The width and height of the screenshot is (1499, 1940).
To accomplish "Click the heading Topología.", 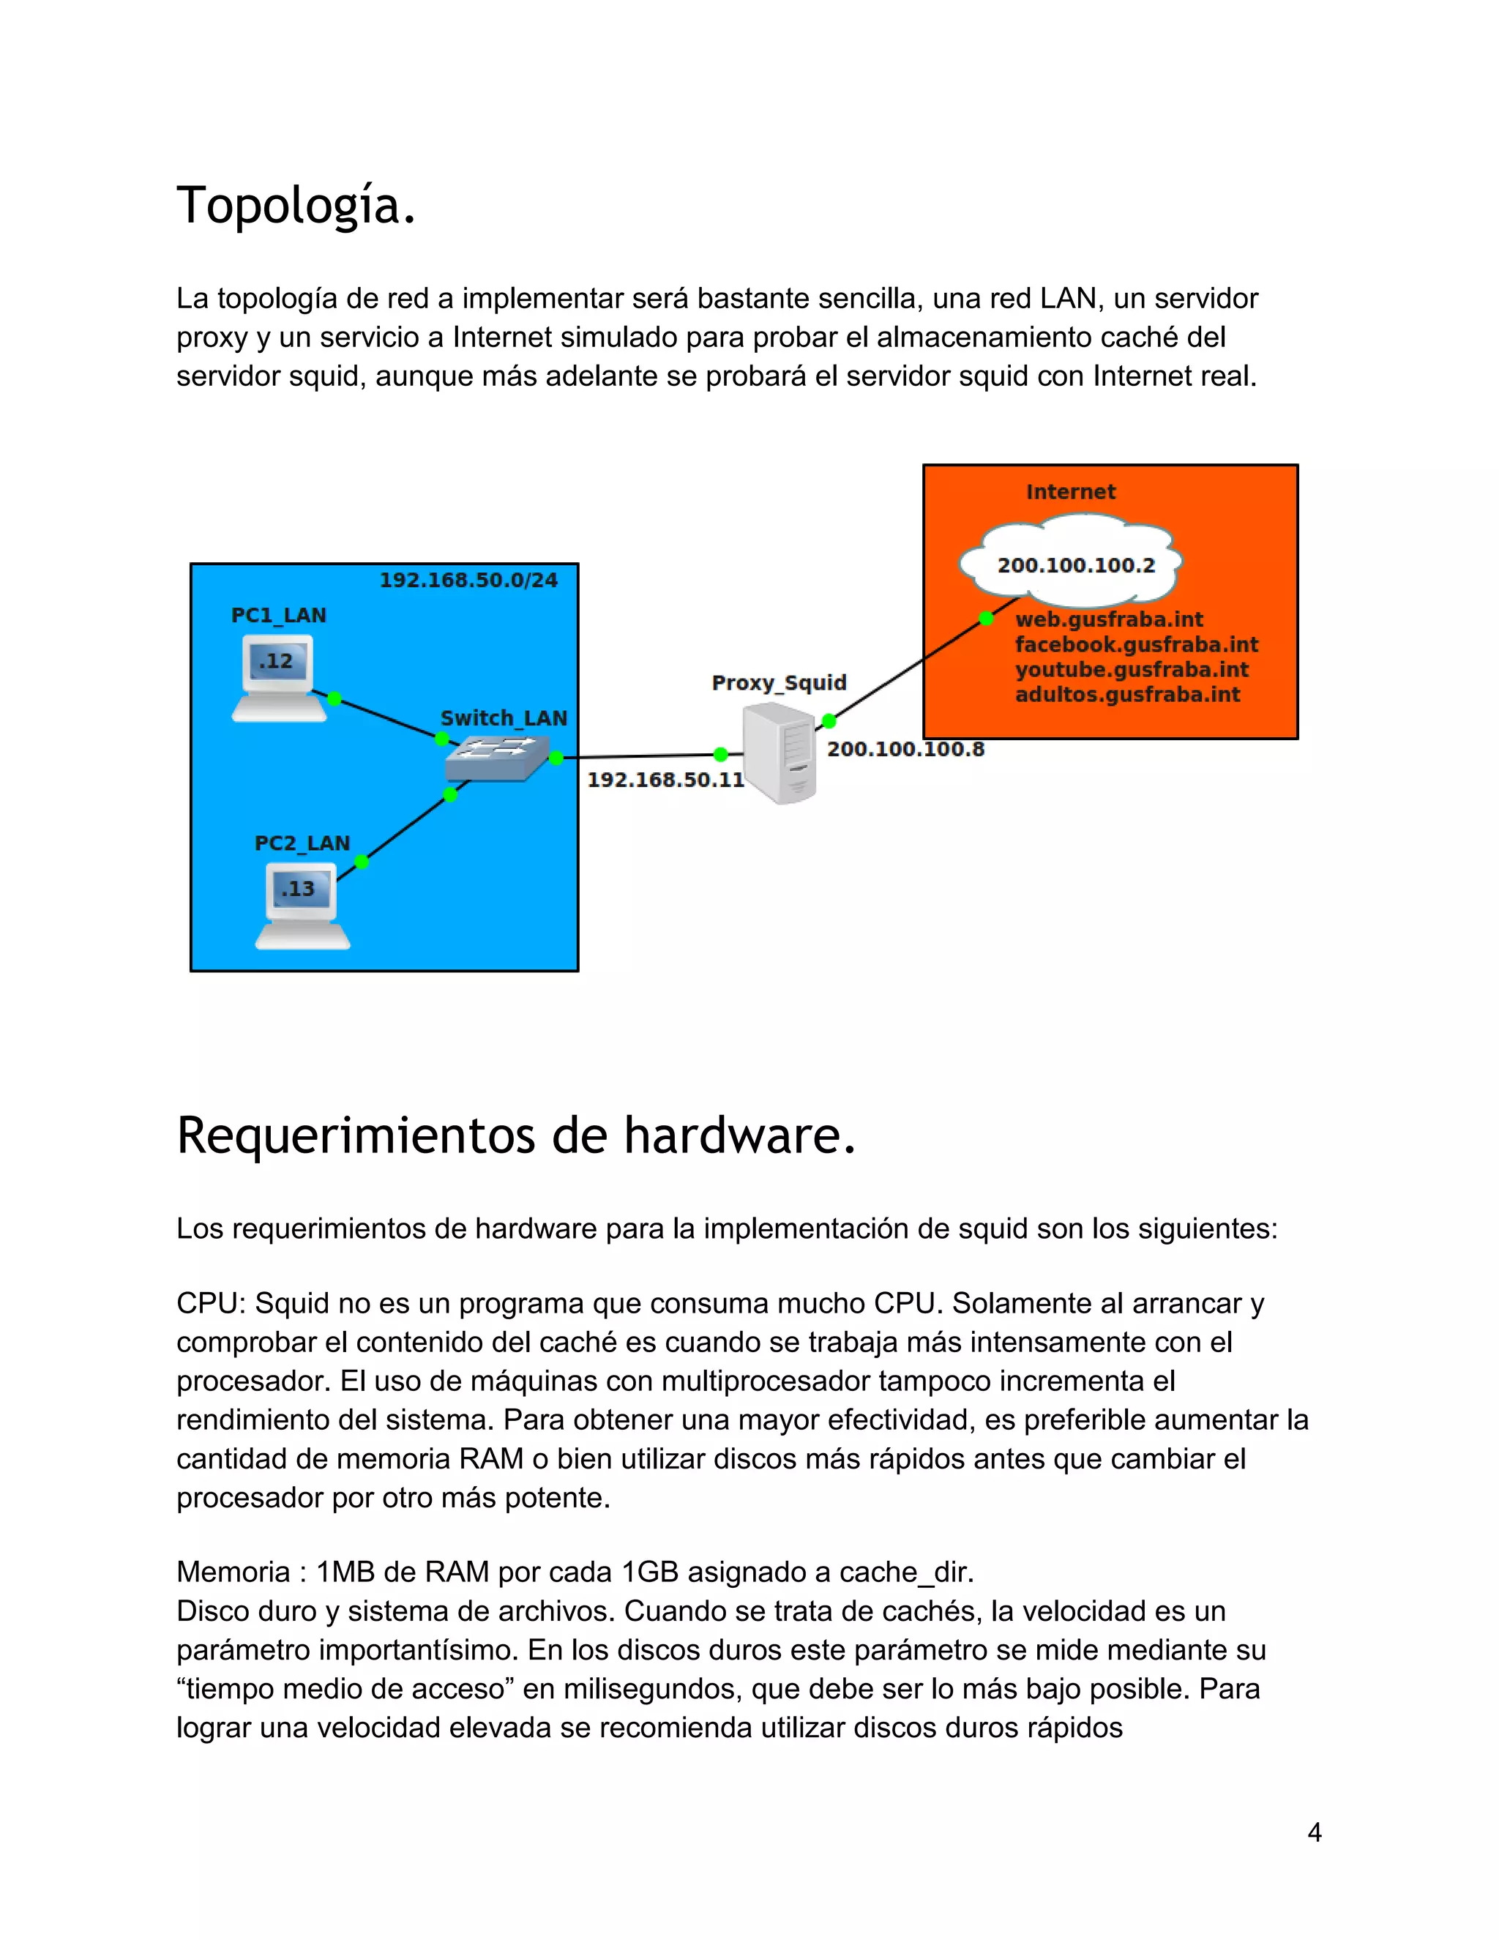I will point(296,206).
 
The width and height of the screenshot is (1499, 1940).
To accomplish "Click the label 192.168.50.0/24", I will point(468,580).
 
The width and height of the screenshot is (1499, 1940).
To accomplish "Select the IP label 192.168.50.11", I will point(665,780).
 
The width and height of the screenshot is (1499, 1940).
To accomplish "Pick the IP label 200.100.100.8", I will point(905,749).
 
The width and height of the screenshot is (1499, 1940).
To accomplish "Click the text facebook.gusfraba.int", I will point(1136,644).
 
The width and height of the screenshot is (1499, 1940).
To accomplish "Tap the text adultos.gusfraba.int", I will point(1127,695).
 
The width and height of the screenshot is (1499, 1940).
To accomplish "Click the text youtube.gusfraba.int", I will point(1132,670).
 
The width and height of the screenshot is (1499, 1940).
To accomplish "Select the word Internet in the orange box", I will point(1070,492).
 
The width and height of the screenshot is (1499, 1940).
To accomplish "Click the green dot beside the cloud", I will point(986,619).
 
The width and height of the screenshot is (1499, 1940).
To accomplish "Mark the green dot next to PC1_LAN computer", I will point(334,698).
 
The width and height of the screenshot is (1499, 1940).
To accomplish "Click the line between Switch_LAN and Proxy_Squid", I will point(640,756).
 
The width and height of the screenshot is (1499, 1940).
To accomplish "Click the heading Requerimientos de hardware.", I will point(516,1136).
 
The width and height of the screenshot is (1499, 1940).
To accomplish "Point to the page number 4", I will point(1315,1832).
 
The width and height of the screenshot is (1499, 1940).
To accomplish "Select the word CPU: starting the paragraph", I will point(212,1303).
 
